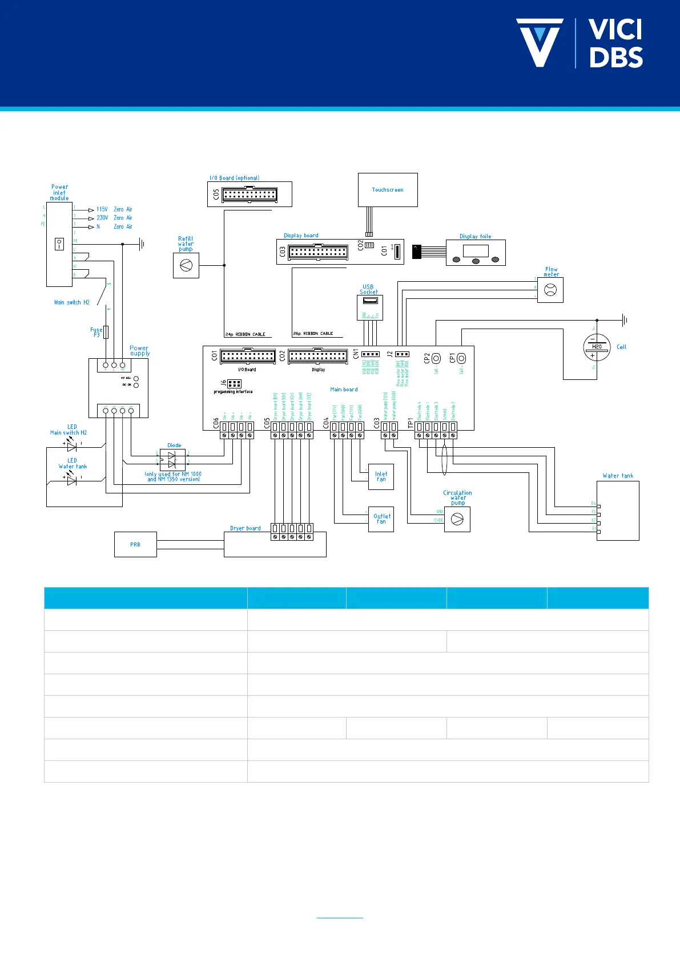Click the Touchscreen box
click(388, 190)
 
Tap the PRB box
click(135, 544)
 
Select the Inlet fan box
click(381, 476)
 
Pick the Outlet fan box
click(381, 519)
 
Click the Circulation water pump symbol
click(457, 520)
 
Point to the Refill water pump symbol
click(186, 265)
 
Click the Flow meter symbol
click(550, 290)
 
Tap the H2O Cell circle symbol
click(597, 347)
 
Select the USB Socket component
click(369, 307)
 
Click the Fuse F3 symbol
click(106, 332)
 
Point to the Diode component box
click(172, 459)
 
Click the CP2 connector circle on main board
click(436, 358)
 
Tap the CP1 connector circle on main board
click(461, 358)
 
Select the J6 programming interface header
click(234, 384)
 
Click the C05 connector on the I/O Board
click(250, 195)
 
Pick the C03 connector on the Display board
click(317, 252)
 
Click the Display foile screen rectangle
click(476, 251)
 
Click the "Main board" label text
click(344, 390)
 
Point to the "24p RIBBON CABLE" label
click(246, 334)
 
